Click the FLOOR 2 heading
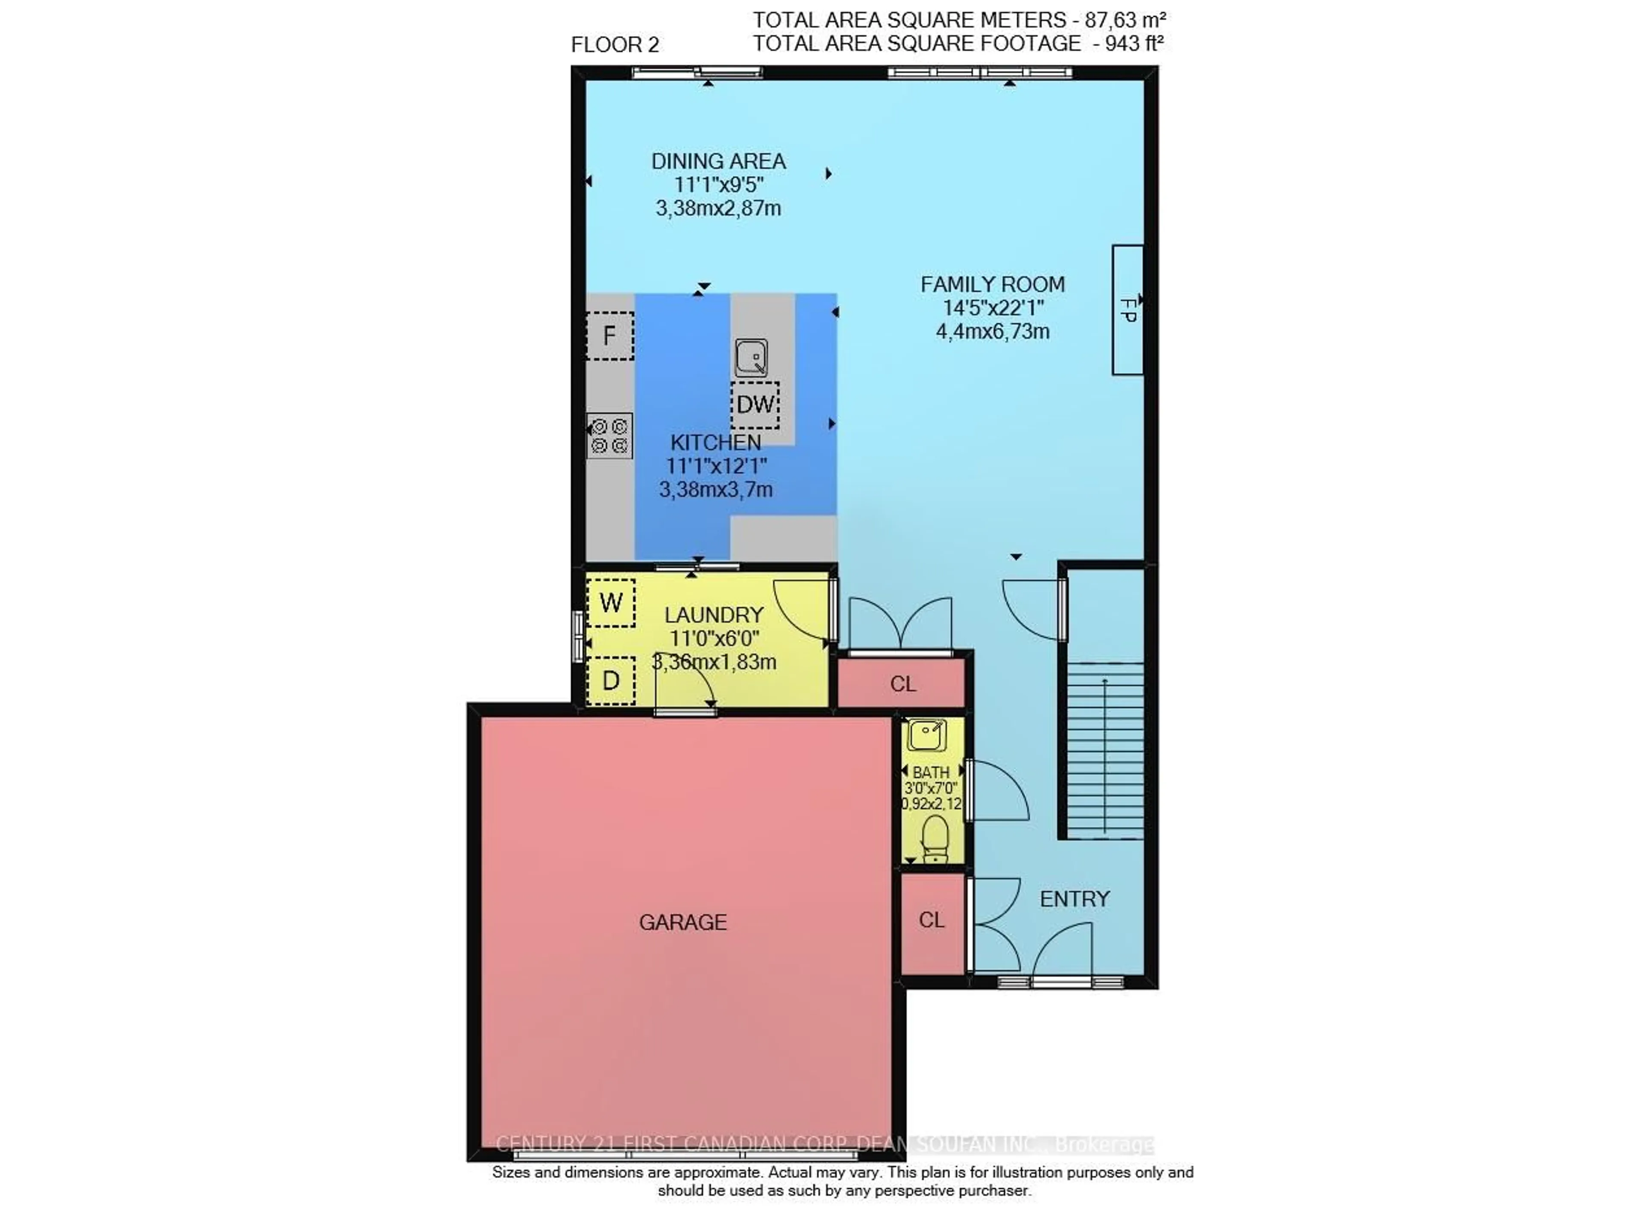coord(615,45)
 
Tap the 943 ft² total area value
coord(1134,44)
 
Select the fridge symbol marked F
coord(609,336)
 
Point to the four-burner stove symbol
coord(609,436)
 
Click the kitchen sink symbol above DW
coord(751,358)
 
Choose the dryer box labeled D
coord(611,680)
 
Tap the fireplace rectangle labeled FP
coord(1127,310)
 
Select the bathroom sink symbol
coord(926,735)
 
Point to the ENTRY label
coord(1074,899)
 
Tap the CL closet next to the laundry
coord(902,684)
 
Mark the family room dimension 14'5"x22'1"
coord(992,308)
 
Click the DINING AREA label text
coord(718,161)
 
